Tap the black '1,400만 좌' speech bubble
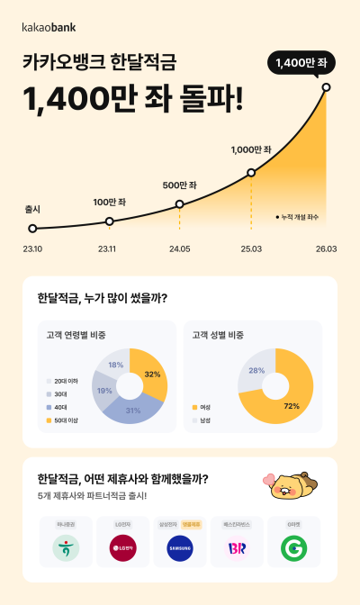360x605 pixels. (x=301, y=62)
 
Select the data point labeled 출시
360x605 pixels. (x=32, y=229)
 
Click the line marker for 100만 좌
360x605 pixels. (x=110, y=221)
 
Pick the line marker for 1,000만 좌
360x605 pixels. (x=251, y=172)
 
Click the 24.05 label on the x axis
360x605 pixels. (x=179, y=248)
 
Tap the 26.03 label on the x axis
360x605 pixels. (x=325, y=248)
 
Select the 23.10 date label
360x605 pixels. (x=33, y=248)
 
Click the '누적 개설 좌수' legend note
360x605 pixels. (x=298, y=217)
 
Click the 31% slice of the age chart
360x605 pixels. (x=133, y=410)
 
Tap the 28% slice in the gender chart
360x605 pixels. (x=254, y=371)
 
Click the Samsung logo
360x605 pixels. (x=180, y=547)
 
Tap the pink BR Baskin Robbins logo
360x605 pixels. (x=236, y=547)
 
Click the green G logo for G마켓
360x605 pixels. (x=293, y=547)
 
